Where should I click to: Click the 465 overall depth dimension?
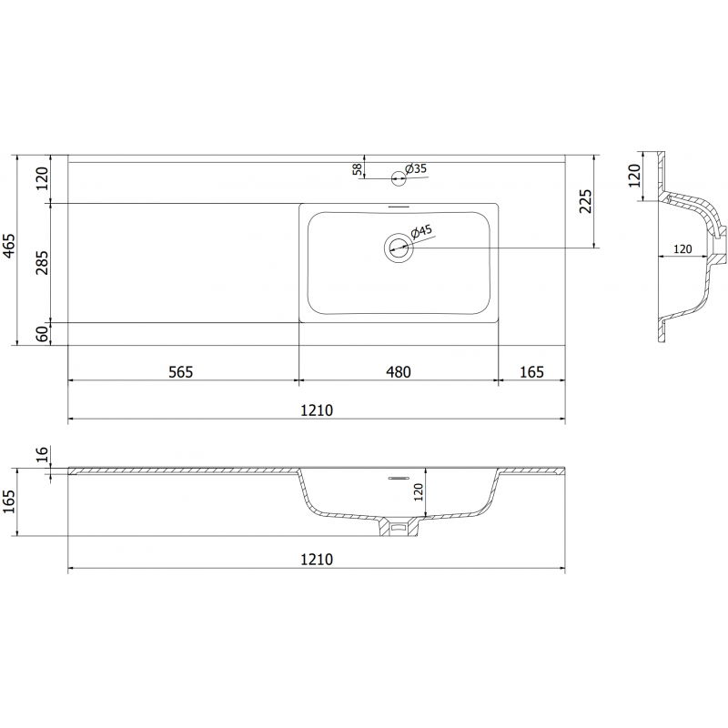click(10, 248)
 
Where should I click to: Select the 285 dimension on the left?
click(40, 262)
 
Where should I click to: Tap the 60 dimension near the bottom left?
click(40, 334)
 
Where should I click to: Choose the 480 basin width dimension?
click(398, 371)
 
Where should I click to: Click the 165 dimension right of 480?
click(531, 371)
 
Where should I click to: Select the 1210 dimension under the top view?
click(316, 410)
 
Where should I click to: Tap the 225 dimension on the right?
click(586, 201)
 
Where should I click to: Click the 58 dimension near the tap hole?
click(358, 168)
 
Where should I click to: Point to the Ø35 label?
click(416, 168)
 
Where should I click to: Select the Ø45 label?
click(423, 233)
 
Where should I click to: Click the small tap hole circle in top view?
click(398, 177)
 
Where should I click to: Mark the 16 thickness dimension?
click(40, 455)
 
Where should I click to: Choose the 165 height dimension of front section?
click(10, 501)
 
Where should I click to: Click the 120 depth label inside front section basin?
click(419, 492)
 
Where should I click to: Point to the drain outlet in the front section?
click(398, 526)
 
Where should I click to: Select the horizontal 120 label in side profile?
click(682, 248)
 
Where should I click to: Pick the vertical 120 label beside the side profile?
click(635, 175)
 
